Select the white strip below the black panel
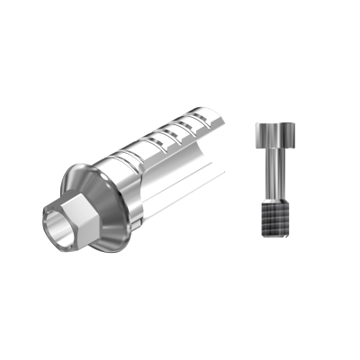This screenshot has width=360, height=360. tap(180, 324)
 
